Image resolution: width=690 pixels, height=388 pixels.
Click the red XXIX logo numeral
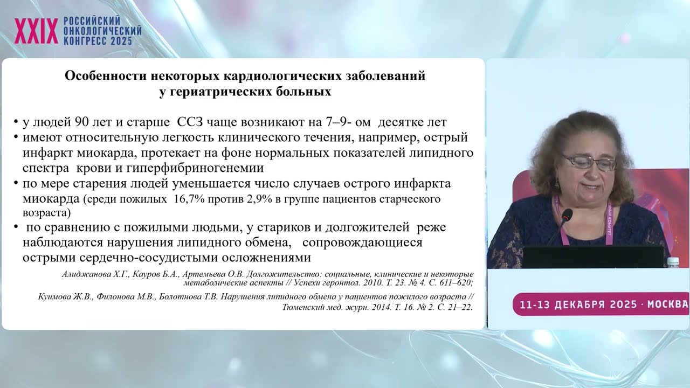pos(36,31)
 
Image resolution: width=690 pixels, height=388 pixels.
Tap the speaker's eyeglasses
pos(589,162)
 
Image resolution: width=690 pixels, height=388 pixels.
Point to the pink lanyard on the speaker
pos(609,226)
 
